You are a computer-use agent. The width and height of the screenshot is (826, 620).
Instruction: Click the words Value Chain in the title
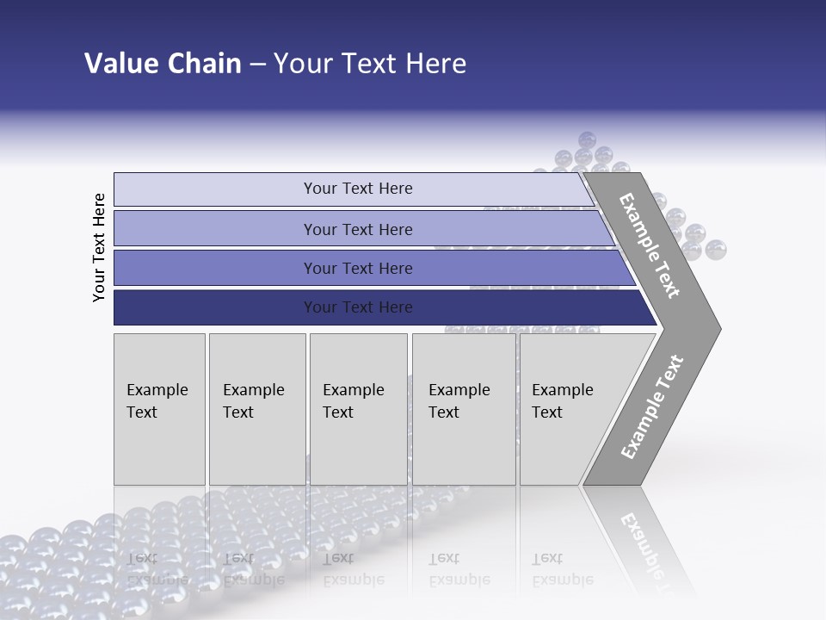tap(163, 64)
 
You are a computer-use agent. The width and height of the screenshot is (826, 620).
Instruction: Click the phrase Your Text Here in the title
tap(370, 64)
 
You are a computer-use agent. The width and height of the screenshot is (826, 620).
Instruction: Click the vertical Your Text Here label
tap(99, 247)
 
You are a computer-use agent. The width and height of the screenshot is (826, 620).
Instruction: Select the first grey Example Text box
tap(159, 409)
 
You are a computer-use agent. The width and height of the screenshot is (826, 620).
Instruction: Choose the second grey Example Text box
tap(256, 409)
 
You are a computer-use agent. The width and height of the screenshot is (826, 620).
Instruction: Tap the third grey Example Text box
tap(357, 409)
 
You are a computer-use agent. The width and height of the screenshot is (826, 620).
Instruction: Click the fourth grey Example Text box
tap(463, 409)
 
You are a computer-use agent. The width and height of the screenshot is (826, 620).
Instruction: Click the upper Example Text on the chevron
tap(650, 245)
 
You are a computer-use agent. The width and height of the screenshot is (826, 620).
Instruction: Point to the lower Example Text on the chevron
tap(652, 406)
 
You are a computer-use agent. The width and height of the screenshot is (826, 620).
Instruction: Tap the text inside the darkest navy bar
tap(358, 307)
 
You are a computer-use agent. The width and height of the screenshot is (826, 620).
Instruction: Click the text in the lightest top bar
tap(358, 189)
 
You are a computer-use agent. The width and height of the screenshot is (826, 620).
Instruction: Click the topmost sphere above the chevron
tap(588, 139)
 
